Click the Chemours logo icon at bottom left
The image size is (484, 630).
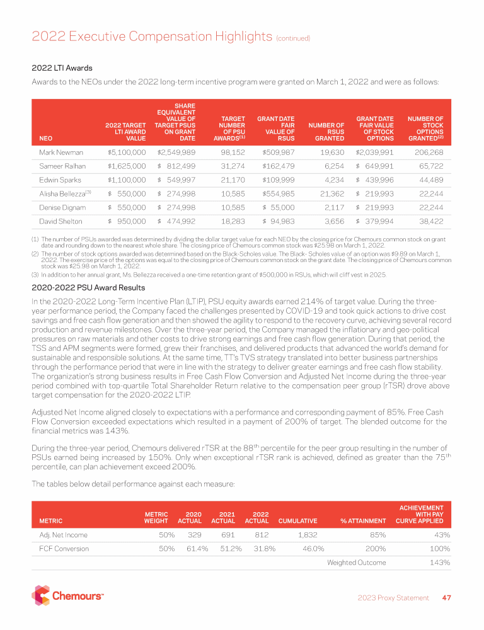click(x=40, y=595)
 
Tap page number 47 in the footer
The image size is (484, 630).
click(x=446, y=598)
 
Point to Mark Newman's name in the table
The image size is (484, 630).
click(x=57, y=152)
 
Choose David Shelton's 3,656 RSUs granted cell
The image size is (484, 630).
click(x=331, y=221)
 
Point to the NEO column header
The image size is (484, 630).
click(x=45, y=139)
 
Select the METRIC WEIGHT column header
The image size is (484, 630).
click(x=156, y=517)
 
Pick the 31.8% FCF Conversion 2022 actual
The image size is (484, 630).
click(x=256, y=548)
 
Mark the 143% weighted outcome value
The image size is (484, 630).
click(x=439, y=562)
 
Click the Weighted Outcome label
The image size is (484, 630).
click(x=356, y=562)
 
